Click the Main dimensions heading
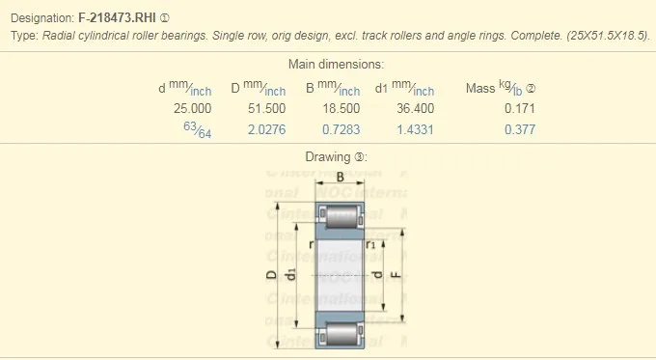pyautogui.click(x=337, y=65)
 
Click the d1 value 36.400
pyautogui.click(x=416, y=108)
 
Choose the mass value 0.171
pyautogui.click(x=519, y=108)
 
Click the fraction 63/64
pyautogui.click(x=197, y=129)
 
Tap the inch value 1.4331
pyautogui.click(x=416, y=129)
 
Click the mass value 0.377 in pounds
pyautogui.click(x=519, y=129)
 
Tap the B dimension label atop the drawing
pyautogui.click(x=341, y=176)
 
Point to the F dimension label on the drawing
pyautogui.click(x=396, y=275)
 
